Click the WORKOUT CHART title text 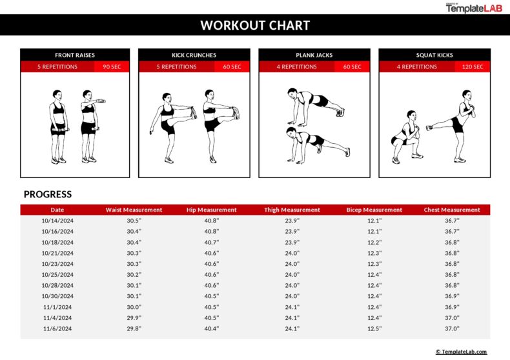point(255,26)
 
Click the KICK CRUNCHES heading point(194,55)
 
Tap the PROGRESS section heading point(48,194)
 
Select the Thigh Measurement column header point(292,210)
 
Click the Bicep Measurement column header point(374,210)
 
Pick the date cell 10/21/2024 point(57,253)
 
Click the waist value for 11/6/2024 point(134,328)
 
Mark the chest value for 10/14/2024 point(452,221)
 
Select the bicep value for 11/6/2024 point(374,328)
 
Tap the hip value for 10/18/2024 point(211,243)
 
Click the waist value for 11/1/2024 point(134,307)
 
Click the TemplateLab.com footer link point(461,352)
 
